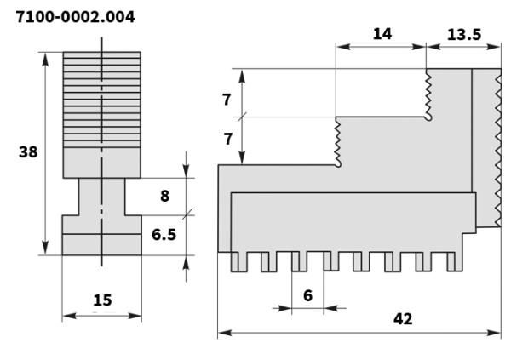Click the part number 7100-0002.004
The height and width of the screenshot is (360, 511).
click(x=74, y=16)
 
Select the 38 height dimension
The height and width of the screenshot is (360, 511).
click(x=28, y=151)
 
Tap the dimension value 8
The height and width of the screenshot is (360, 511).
click(x=164, y=195)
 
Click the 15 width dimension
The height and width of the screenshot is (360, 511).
click(x=102, y=300)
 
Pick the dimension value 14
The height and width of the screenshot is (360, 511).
click(x=382, y=34)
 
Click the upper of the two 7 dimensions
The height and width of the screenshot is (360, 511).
click(x=227, y=100)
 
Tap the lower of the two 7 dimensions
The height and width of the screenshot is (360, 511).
click(x=227, y=138)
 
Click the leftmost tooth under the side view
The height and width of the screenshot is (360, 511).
click(x=238, y=262)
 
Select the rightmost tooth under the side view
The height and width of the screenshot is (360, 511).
click(x=456, y=262)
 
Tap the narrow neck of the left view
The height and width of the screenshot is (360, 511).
click(x=102, y=196)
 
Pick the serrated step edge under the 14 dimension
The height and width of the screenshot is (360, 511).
click(x=338, y=140)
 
